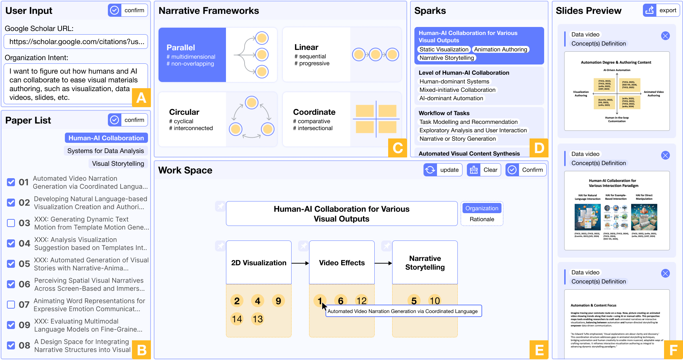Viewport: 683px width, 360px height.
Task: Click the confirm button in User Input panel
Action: click(128, 10)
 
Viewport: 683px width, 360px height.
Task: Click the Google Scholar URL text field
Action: click(76, 42)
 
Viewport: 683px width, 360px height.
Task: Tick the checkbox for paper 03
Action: click(11, 223)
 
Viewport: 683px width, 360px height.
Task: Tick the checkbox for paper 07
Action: click(11, 305)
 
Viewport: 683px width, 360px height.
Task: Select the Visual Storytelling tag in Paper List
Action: click(118, 164)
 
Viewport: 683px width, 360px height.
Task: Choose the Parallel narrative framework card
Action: click(217, 55)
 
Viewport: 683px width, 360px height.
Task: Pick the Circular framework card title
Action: click(184, 112)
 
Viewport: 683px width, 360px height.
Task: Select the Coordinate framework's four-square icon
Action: click(376, 119)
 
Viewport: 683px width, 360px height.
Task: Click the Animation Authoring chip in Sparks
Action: click(500, 50)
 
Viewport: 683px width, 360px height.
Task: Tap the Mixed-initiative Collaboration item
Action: click(457, 90)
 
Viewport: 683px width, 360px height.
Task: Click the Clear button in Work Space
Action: click(484, 170)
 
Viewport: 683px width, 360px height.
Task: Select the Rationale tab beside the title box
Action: click(482, 219)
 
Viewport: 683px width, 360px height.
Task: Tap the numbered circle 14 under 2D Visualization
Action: click(237, 319)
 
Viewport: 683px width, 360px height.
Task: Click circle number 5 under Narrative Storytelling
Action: click(414, 301)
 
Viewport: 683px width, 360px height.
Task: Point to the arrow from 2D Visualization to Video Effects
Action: click(300, 263)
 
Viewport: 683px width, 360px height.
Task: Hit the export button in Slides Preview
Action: click(661, 10)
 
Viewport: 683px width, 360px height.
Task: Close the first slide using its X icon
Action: click(665, 36)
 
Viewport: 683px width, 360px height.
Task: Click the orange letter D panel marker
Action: click(539, 148)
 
